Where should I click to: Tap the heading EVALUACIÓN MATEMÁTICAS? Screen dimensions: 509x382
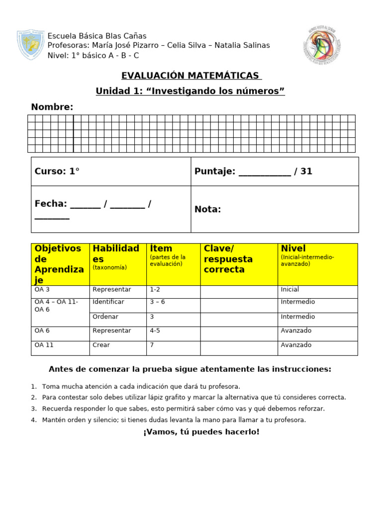click(x=191, y=76)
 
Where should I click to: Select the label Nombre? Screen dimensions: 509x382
click(x=52, y=107)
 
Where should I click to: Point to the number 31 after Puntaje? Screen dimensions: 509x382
click(x=306, y=171)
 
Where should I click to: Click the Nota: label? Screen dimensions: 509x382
click(x=207, y=209)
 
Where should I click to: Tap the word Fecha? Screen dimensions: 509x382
click(x=51, y=204)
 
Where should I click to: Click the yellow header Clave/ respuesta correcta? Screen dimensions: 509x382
click(x=228, y=259)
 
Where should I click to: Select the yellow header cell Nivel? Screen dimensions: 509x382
click(x=293, y=249)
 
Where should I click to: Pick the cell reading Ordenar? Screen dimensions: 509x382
click(x=105, y=317)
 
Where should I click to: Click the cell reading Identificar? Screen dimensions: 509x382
click(x=108, y=302)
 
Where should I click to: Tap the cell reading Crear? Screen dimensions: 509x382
click(x=101, y=345)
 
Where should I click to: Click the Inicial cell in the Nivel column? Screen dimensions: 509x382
click(x=290, y=290)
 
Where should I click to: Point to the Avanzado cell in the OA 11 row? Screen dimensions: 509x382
click(x=296, y=345)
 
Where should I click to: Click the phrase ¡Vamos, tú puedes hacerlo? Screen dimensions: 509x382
click(x=201, y=432)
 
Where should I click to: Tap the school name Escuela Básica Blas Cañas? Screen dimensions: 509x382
click(x=96, y=36)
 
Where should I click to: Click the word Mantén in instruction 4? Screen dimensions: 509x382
click(x=54, y=420)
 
